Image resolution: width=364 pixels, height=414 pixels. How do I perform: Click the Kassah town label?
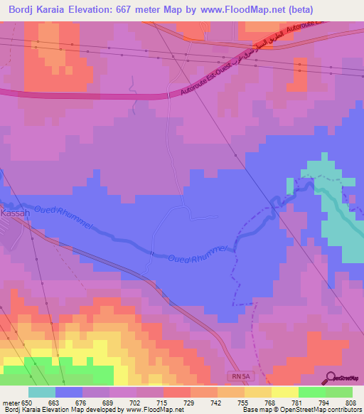(14, 213)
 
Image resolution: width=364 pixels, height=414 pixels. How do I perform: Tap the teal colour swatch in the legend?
(41, 393)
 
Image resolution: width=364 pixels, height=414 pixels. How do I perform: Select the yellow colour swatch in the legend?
(284, 393)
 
